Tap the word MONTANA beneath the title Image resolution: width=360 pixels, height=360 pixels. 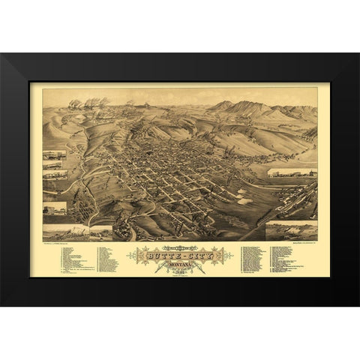(180, 262)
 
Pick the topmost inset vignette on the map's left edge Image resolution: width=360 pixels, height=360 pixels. (55, 155)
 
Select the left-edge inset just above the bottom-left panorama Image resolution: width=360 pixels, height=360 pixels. (55, 208)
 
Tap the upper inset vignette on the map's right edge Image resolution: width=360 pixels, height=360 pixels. (292, 172)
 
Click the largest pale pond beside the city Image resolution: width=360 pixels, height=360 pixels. (244, 201)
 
